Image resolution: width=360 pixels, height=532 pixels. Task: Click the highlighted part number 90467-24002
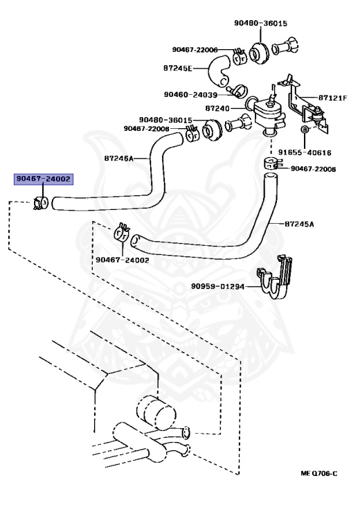pyautogui.click(x=44, y=179)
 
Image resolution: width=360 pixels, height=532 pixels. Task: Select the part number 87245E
pyautogui.click(x=178, y=68)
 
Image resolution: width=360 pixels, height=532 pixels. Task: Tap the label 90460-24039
pyautogui.click(x=190, y=94)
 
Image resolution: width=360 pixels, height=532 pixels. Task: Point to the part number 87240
pyautogui.click(x=217, y=108)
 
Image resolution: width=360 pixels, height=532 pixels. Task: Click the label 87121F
pyautogui.click(x=333, y=98)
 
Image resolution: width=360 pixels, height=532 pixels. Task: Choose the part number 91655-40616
pyautogui.click(x=305, y=152)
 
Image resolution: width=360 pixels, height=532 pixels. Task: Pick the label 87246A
pyautogui.click(x=119, y=158)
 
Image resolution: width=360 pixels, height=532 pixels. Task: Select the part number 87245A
pyautogui.click(x=299, y=224)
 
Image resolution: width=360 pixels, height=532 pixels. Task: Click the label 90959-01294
pyautogui.click(x=217, y=286)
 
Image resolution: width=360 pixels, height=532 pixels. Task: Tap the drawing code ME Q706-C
pyautogui.click(x=319, y=473)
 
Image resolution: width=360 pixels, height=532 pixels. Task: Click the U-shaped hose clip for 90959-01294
pyautogui.click(x=276, y=278)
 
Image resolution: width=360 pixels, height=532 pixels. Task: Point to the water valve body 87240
pyautogui.click(x=269, y=112)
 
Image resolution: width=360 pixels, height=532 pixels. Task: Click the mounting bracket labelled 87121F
pyautogui.click(x=303, y=103)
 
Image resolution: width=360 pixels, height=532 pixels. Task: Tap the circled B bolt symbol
pyautogui.click(x=305, y=130)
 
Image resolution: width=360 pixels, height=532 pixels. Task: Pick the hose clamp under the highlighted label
pyautogui.click(x=42, y=203)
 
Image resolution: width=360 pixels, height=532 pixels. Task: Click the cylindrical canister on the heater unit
pyautogui.click(x=156, y=412)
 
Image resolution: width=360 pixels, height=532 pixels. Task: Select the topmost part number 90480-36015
pyautogui.click(x=261, y=23)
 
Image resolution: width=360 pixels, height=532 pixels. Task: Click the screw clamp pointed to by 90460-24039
pyautogui.click(x=238, y=91)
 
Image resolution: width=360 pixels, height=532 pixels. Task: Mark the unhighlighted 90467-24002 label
pyautogui.click(x=123, y=260)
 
